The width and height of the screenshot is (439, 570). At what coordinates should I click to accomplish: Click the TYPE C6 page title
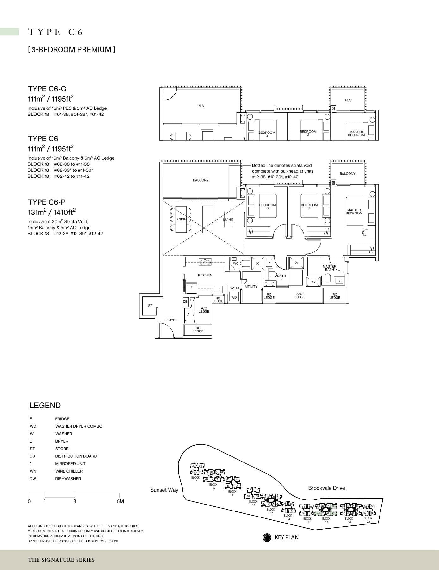(x=56, y=32)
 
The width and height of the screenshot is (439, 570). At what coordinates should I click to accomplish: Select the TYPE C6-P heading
(x=47, y=202)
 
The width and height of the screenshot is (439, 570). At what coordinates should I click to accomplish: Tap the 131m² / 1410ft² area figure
(x=52, y=212)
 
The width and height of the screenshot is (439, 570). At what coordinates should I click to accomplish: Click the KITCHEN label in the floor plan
(x=205, y=275)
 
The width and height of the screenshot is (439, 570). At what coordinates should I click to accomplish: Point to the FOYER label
(x=172, y=320)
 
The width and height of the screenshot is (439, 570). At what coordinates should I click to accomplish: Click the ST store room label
(x=150, y=306)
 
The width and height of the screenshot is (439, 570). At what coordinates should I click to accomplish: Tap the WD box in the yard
(x=234, y=297)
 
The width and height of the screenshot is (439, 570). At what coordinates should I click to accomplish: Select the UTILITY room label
(x=251, y=287)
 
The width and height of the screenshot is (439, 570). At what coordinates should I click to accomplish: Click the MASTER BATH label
(x=329, y=268)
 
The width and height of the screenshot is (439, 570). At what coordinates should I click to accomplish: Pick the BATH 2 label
(x=281, y=277)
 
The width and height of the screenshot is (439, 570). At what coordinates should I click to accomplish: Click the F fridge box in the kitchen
(x=191, y=288)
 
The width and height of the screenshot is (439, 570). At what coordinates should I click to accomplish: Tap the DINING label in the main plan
(x=181, y=219)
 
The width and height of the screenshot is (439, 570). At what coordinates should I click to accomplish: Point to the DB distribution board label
(x=185, y=302)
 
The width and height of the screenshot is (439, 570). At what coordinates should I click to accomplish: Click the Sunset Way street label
(x=164, y=490)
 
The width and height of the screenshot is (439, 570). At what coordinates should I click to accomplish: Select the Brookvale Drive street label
(x=326, y=488)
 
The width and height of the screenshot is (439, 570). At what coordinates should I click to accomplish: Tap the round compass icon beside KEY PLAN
(x=267, y=537)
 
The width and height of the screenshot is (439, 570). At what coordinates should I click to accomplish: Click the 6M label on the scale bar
(x=120, y=501)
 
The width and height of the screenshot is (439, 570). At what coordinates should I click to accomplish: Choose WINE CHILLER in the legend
(x=69, y=471)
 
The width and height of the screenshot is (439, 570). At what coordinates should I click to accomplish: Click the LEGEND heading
(x=45, y=406)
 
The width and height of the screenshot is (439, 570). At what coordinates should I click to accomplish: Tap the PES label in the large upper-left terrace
(x=201, y=106)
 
